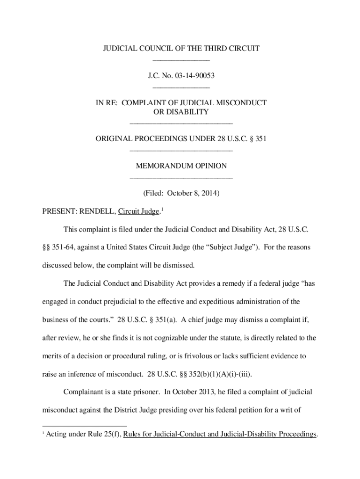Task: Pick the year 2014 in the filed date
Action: (x=208, y=193)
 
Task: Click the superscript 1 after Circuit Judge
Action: (x=162, y=209)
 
